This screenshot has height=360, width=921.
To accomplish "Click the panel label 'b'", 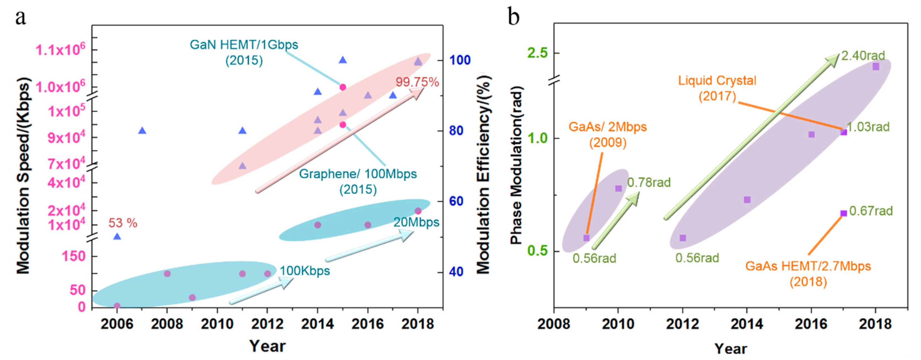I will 514,16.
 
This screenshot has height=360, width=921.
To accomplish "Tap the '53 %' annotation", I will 123,223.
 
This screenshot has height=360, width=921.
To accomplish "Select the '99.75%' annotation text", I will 417,82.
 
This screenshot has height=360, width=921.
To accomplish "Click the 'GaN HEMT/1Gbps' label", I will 244,45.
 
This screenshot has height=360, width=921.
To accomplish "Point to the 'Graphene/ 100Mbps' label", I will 358,174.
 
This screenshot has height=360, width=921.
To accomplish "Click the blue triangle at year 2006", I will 117,237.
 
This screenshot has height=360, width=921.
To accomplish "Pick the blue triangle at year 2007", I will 142,131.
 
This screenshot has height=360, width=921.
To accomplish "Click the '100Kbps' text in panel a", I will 305,271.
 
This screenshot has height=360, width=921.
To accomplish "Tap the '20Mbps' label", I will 416,222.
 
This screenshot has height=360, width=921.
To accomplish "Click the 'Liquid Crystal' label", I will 717,80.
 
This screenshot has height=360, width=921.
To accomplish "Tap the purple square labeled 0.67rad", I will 843,213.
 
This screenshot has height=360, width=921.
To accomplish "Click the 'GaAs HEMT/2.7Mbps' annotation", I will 808,266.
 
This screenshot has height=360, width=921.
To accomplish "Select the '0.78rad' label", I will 649,183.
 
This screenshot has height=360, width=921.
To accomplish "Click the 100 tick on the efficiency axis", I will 460,60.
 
